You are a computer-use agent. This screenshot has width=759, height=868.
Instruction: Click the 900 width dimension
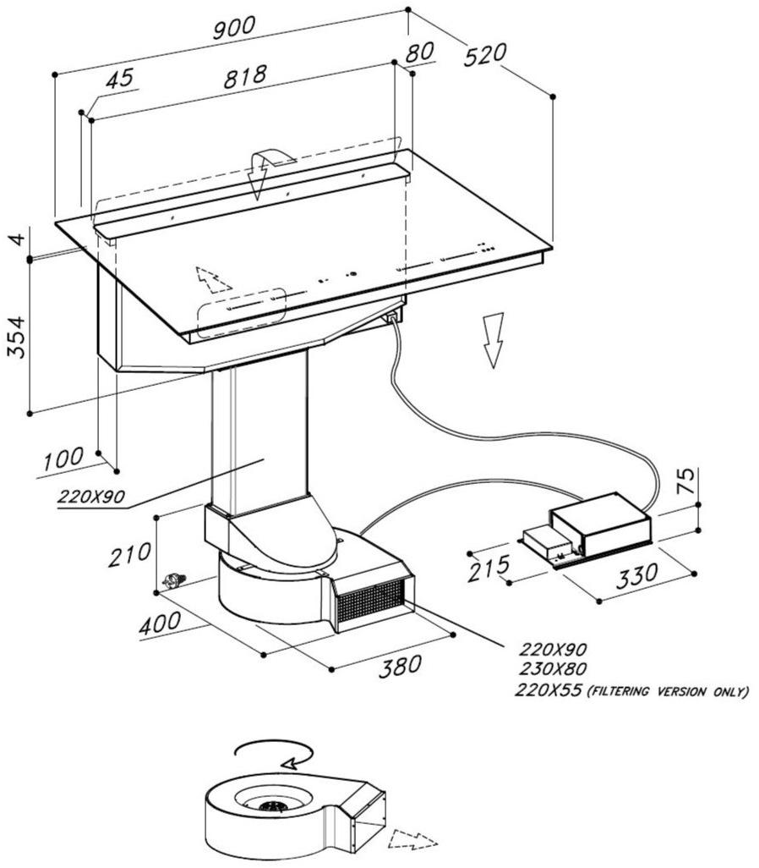(x=232, y=27)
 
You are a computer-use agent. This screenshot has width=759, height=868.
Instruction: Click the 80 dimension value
(x=419, y=52)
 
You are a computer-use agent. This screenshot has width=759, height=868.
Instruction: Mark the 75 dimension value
(x=687, y=481)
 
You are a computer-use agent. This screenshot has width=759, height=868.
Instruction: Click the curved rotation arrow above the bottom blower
(x=275, y=754)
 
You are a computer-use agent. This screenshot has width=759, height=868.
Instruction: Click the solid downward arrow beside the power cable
(x=492, y=338)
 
